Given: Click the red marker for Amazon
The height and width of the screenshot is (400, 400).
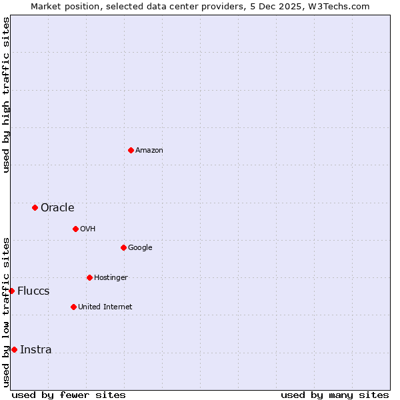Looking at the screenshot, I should [x=131, y=150].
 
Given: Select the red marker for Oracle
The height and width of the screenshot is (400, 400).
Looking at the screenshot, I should [x=35, y=207].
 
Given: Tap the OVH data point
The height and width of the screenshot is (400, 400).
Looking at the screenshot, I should [x=75, y=229].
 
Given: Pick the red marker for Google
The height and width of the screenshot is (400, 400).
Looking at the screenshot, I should [x=123, y=247].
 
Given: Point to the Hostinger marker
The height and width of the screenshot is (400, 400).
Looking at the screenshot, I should [x=89, y=277].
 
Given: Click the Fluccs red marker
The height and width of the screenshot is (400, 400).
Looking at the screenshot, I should [x=11, y=291].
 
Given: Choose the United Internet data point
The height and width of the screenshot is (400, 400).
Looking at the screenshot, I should [x=73, y=307].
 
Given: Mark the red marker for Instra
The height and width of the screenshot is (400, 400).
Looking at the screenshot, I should [x=14, y=349].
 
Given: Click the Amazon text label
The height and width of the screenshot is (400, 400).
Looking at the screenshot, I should [x=149, y=151].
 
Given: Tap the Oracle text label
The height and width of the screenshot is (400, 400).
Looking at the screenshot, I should [x=57, y=207].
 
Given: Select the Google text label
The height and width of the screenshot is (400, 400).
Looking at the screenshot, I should [x=140, y=248].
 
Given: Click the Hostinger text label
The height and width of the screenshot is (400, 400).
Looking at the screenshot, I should [x=111, y=277].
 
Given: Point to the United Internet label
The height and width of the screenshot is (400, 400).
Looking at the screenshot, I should [x=105, y=307].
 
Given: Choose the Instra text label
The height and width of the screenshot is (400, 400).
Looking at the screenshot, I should [x=36, y=350].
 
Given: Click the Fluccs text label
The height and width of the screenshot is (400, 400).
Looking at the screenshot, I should [x=33, y=291].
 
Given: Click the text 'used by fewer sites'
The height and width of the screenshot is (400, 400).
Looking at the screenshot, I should [x=69, y=395].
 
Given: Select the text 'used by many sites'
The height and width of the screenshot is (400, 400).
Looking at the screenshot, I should [x=335, y=395].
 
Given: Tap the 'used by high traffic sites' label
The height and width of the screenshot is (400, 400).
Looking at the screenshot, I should [x=6, y=95].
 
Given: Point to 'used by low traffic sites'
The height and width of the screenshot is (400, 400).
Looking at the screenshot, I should [x=6, y=312].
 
